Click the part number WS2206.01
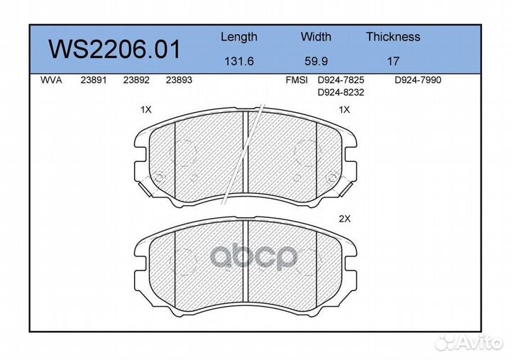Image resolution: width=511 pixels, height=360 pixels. pyautogui.click(x=114, y=50)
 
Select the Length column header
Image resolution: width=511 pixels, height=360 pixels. pyautogui.click(x=239, y=37)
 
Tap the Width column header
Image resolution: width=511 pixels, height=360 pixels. pyautogui.click(x=316, y=36)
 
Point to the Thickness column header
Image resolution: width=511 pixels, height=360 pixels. pyautogui.click(x=393, y=36)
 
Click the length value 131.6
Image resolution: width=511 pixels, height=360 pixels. pyautogui.click(x=239, y=61)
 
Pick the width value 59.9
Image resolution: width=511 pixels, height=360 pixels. pyautogui.click(x=316, y=61)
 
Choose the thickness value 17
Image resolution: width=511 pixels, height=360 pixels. pyautogui.click(x=393, y=61)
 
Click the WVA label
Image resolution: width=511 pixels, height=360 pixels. pyautogui.click(x=51, y=80)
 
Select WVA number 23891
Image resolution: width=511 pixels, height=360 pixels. pyautogui.click(x=94, y=80)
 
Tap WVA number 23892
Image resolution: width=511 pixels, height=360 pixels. pyautogui.click(x=136, y=80)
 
